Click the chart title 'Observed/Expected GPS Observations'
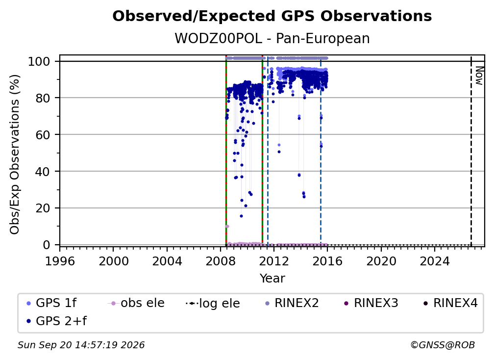tap(272, 16)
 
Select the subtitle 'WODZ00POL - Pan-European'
tap(272, 38)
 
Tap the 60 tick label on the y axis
tap(43, 134)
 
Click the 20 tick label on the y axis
tap(43, 208)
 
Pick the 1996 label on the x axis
tap(60, 261)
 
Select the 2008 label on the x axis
tap(221, 261)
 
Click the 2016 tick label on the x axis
tap(327, 261)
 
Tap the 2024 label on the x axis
tap(434, 261)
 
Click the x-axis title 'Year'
tap(272, 279)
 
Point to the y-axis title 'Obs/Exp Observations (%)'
tap(15, 154)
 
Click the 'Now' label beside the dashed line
tap(479, 76)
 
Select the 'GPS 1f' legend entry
tap(51, 303)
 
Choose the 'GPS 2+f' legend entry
tap(57, 321)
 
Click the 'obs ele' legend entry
tap(136, 303)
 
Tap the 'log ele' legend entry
tap(213, 303)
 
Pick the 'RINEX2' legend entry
tap(292, 303)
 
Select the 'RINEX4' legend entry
tap(450, 303)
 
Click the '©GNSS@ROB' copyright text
tap(443, 345)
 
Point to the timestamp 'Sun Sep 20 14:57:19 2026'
tap(81, 345)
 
